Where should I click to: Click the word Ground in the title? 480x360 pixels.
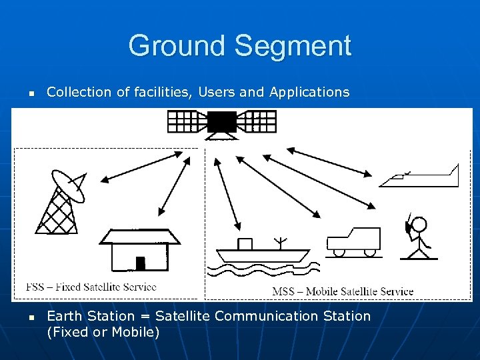click(177, 46)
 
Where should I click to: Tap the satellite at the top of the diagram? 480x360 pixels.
click(221, 123)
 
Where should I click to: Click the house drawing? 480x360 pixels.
click(140, 250)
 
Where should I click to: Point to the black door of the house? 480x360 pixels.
click(140, 263)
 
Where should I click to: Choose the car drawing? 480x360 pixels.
click(353, 241)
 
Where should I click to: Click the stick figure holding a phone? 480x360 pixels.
click(418, 237)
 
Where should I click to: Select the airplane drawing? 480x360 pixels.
click(420, 177)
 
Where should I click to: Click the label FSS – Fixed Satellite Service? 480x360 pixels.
click(91, 287)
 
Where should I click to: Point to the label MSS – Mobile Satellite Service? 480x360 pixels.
click(343, 291)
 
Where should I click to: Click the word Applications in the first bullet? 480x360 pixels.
click(309, 92)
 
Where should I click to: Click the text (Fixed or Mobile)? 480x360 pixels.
click(103, 331)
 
